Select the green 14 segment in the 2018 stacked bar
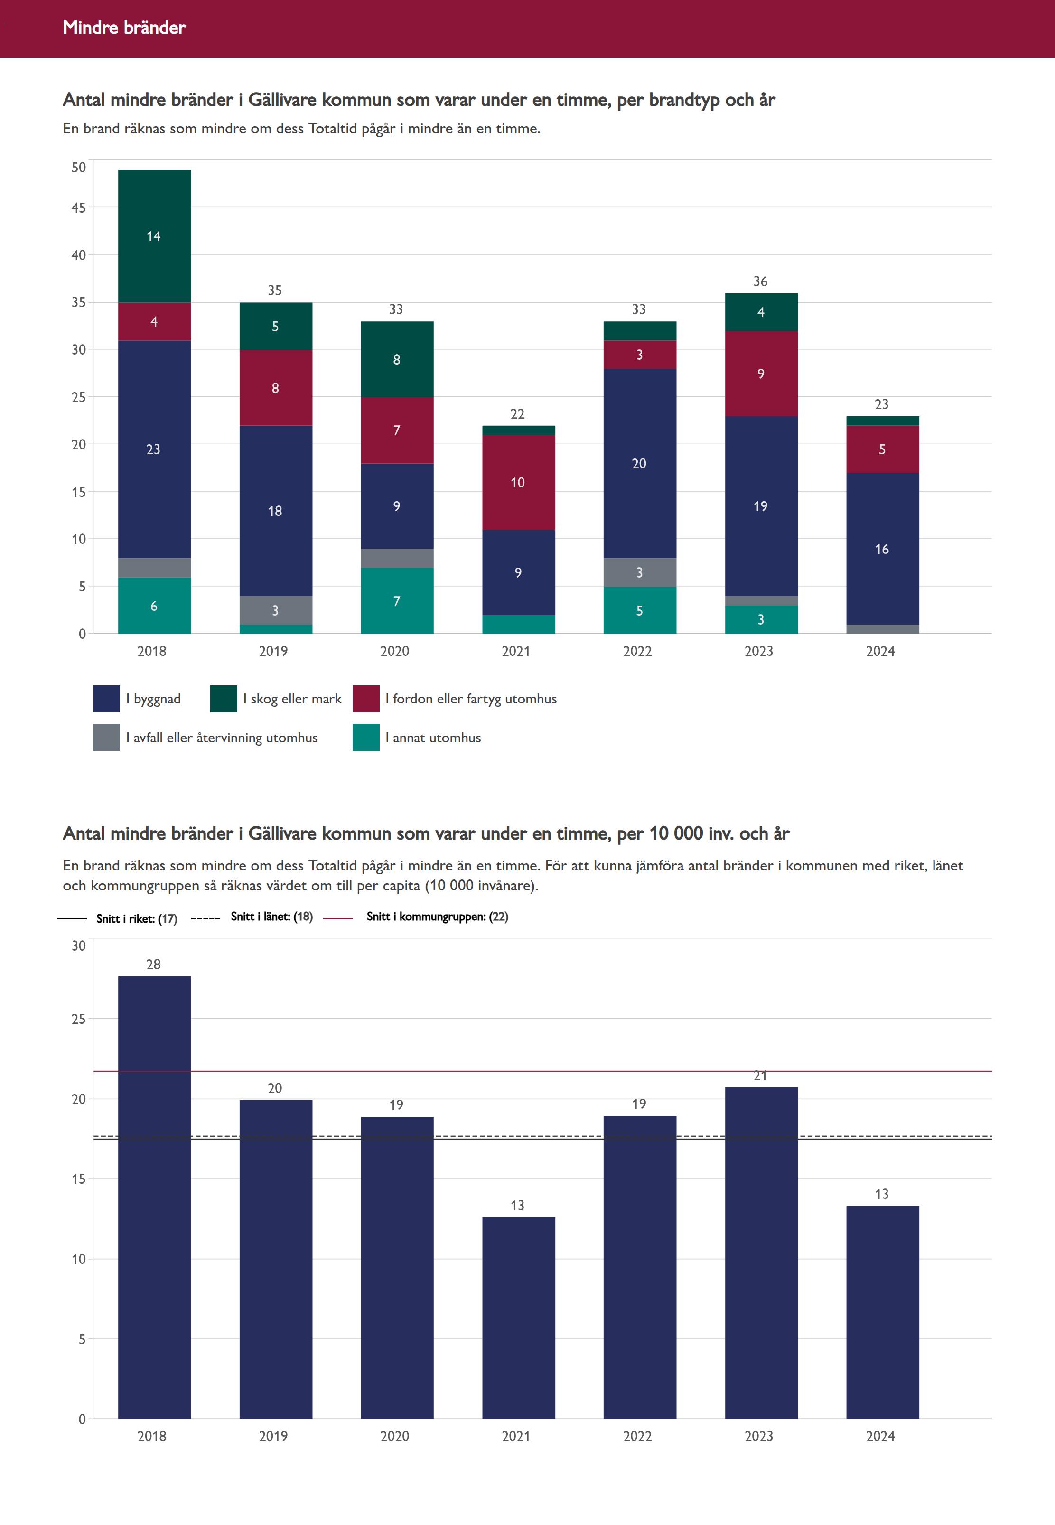(154, 236)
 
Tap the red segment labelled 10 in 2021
(518, 483)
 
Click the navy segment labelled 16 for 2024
(882, 549)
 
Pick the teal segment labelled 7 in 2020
(397, 601)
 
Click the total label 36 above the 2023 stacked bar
(760, 281)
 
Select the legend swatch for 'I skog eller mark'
(224, 699)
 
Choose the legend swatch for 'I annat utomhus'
(365, 738)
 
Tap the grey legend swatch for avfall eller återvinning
(106, 738)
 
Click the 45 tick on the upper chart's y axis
(79, 207)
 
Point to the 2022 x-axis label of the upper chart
(637, 651)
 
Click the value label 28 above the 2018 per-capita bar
(153, 964)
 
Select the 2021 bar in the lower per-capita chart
(518, 1318)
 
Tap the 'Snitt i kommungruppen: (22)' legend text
(437, 916)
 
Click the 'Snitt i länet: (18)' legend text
(271, 916)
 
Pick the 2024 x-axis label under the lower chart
(880, 1436)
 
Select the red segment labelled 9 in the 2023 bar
(761, 374)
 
